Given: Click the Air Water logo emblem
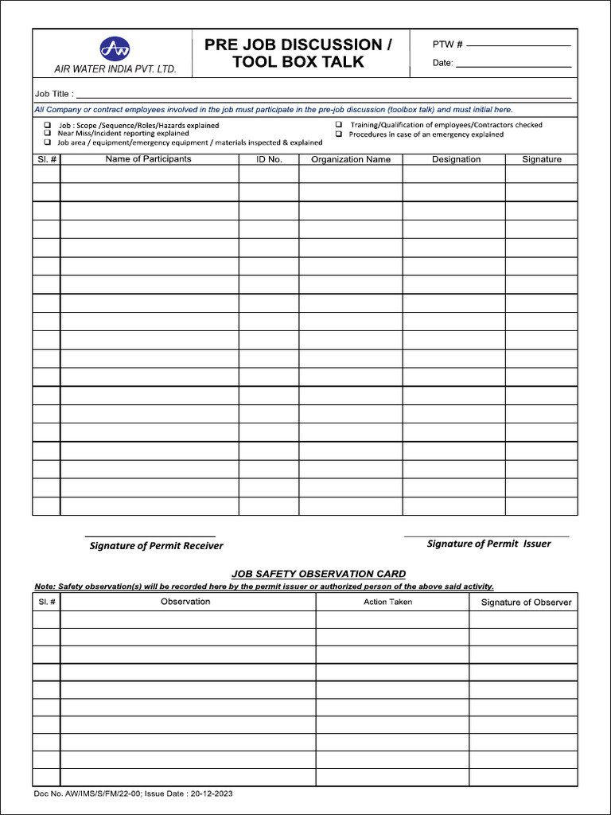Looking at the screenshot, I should pyautogui.click(x=115, y=49).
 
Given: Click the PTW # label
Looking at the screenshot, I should pyautogui.click(x=448, y=45).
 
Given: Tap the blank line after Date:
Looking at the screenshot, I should pyautogui.click(x=513, y=64).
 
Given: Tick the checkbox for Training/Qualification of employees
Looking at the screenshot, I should pyautogui.click(x=338, y=125).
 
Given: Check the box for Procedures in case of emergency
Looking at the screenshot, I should pyautogui.click(x=338, y=135).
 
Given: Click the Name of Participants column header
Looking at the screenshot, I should pyautogui.click(x=148, y=159).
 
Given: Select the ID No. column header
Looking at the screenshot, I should pyautogui.click(x=269, y=159).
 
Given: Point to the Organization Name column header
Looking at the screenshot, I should pyautogui.click(x=351, y=159).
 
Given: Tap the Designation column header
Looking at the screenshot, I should pyautogui.click(x=456, y=159).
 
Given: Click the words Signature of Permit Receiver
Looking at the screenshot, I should pyautogui.click(x=156, y=546).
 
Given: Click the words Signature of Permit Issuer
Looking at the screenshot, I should pyautogui.click(x=488, y=544).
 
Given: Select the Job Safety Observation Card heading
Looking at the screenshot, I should pyautogui.click(x=318, y=574).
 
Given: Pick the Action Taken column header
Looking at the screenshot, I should pyautogui.click(x=387, y=602).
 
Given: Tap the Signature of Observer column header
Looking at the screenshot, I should pyautogui.click(x=526, y=602).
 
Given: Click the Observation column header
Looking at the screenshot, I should pyautogui.click(x=185, y=602).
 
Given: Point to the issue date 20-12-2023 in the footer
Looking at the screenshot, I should pyautogui.click(x=212, y=794).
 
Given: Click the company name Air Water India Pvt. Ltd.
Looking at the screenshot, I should pyautogui.click(x=115, y=69).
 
